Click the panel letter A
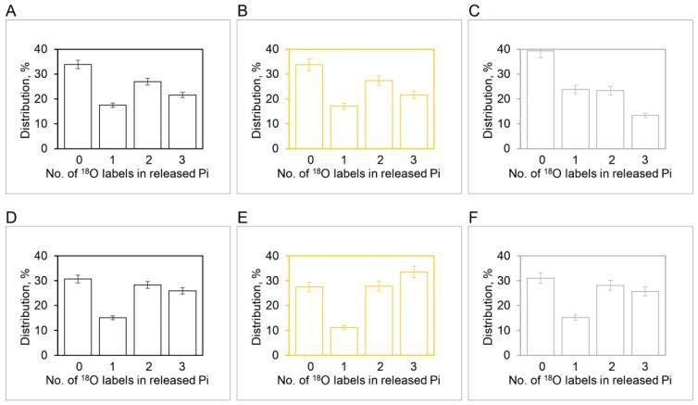[x=7, y=9]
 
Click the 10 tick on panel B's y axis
[x=282, y=124]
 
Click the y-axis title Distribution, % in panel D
[x=26, y=306]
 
